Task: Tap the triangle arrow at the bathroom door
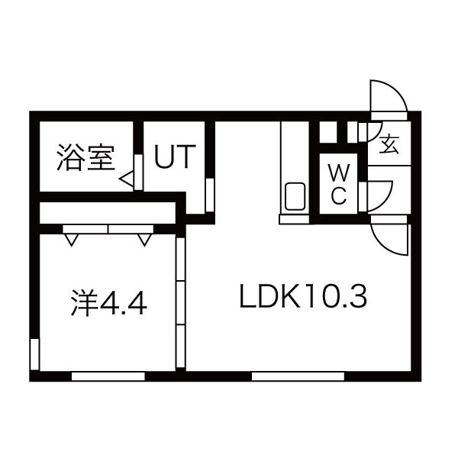pos(127,179)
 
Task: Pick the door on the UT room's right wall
pos(209,192)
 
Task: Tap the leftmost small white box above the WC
pos(327,131)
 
